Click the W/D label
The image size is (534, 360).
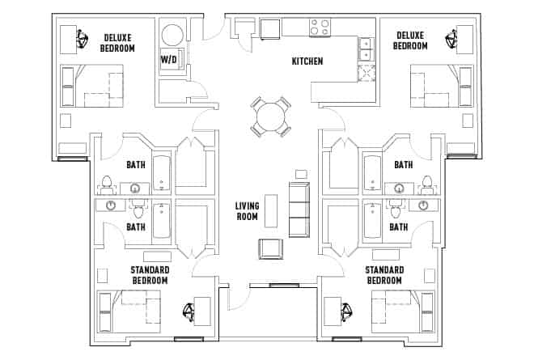[169, 60]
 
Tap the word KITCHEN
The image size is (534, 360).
[307, 61]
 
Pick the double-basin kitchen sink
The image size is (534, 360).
[366, 50]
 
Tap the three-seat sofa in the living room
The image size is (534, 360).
[299, 209]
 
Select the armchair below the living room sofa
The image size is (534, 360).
[269, 249]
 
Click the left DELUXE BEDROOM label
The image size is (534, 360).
[117, 42]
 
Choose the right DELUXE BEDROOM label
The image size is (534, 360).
[411, 41]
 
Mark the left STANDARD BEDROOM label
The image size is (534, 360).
[149, 275]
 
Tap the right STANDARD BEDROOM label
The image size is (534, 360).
[384, 275]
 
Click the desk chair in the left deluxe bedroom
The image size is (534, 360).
[83, 39]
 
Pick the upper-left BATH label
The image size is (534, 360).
[136, 165]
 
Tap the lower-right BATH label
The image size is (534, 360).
[398, 227]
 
